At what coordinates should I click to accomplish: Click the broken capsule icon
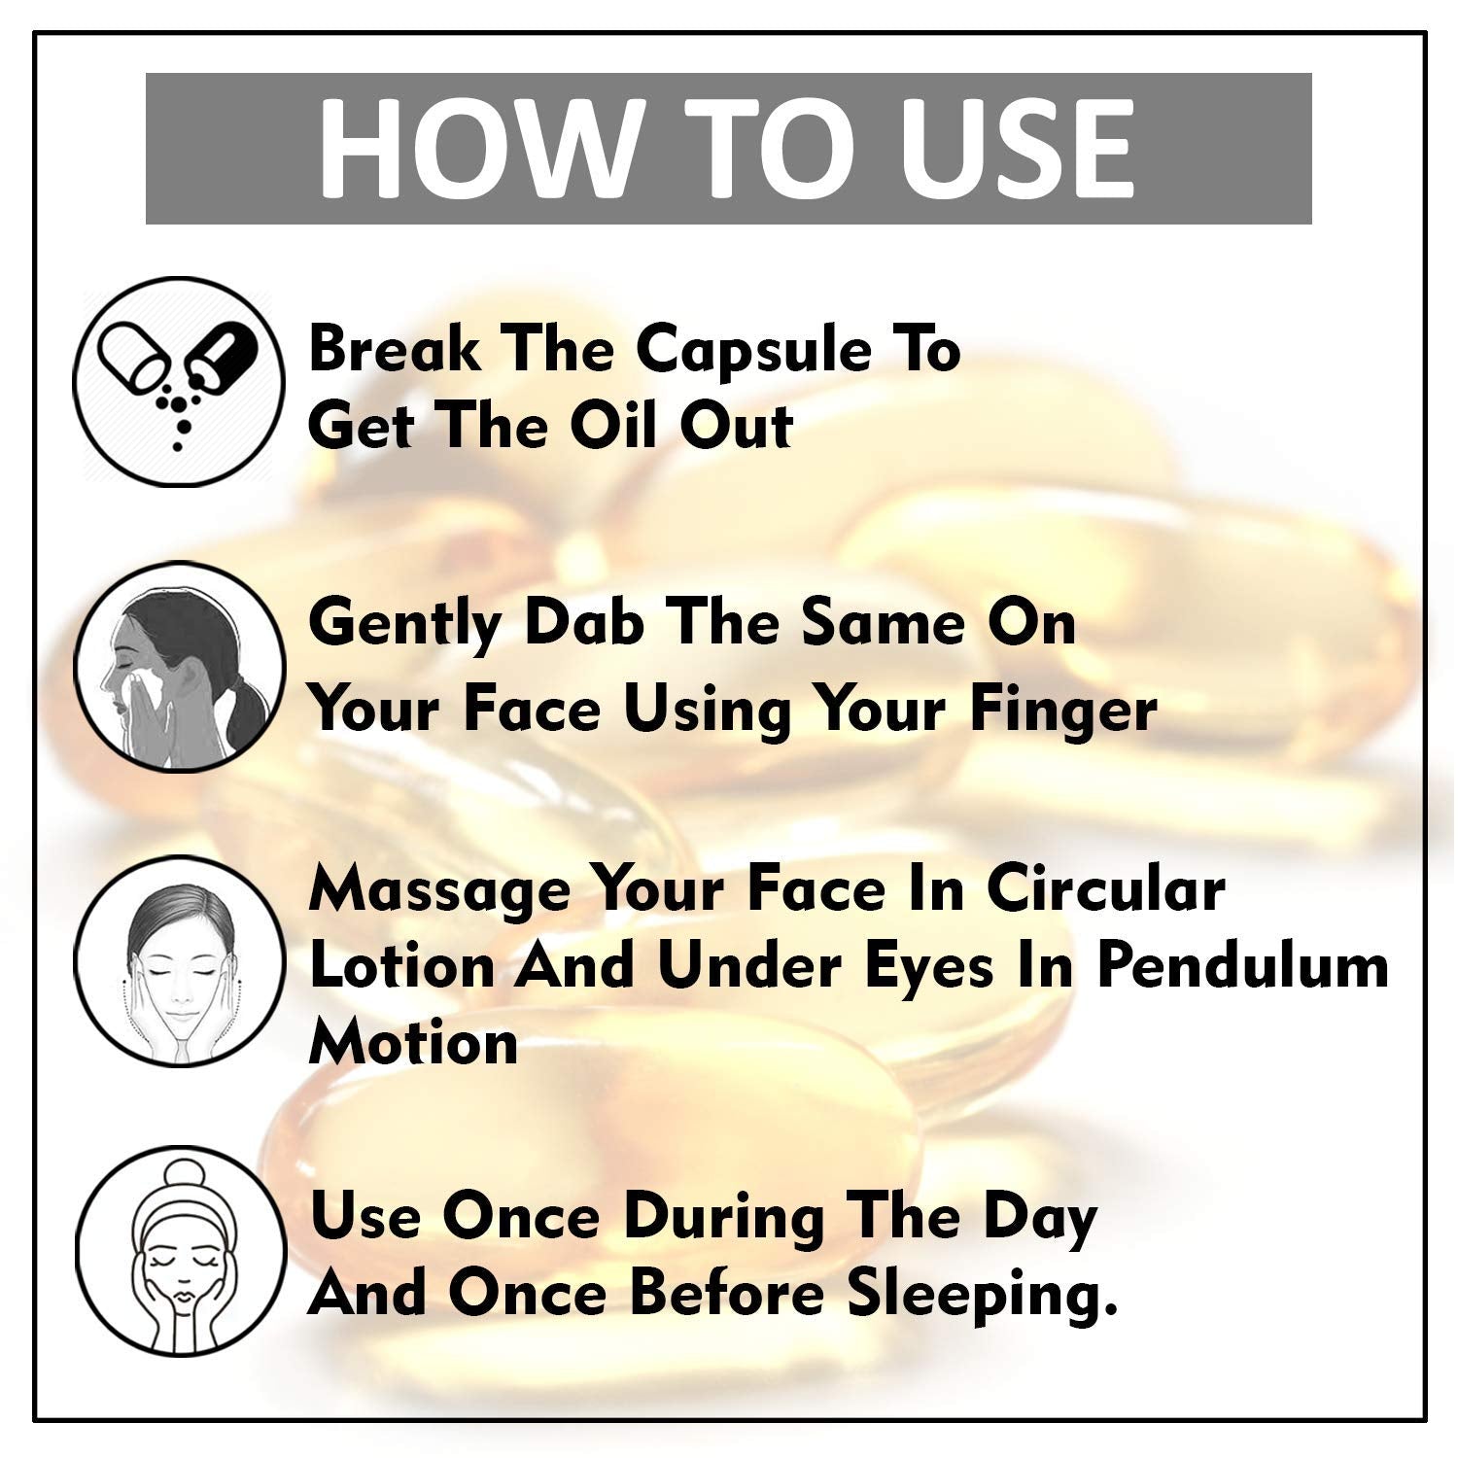(x=181, y=382)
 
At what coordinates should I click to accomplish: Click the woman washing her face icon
(x=181, y=667)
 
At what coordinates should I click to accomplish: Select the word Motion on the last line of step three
(x=413, y=1043)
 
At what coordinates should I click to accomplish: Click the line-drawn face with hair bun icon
(x=181, y=1249)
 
